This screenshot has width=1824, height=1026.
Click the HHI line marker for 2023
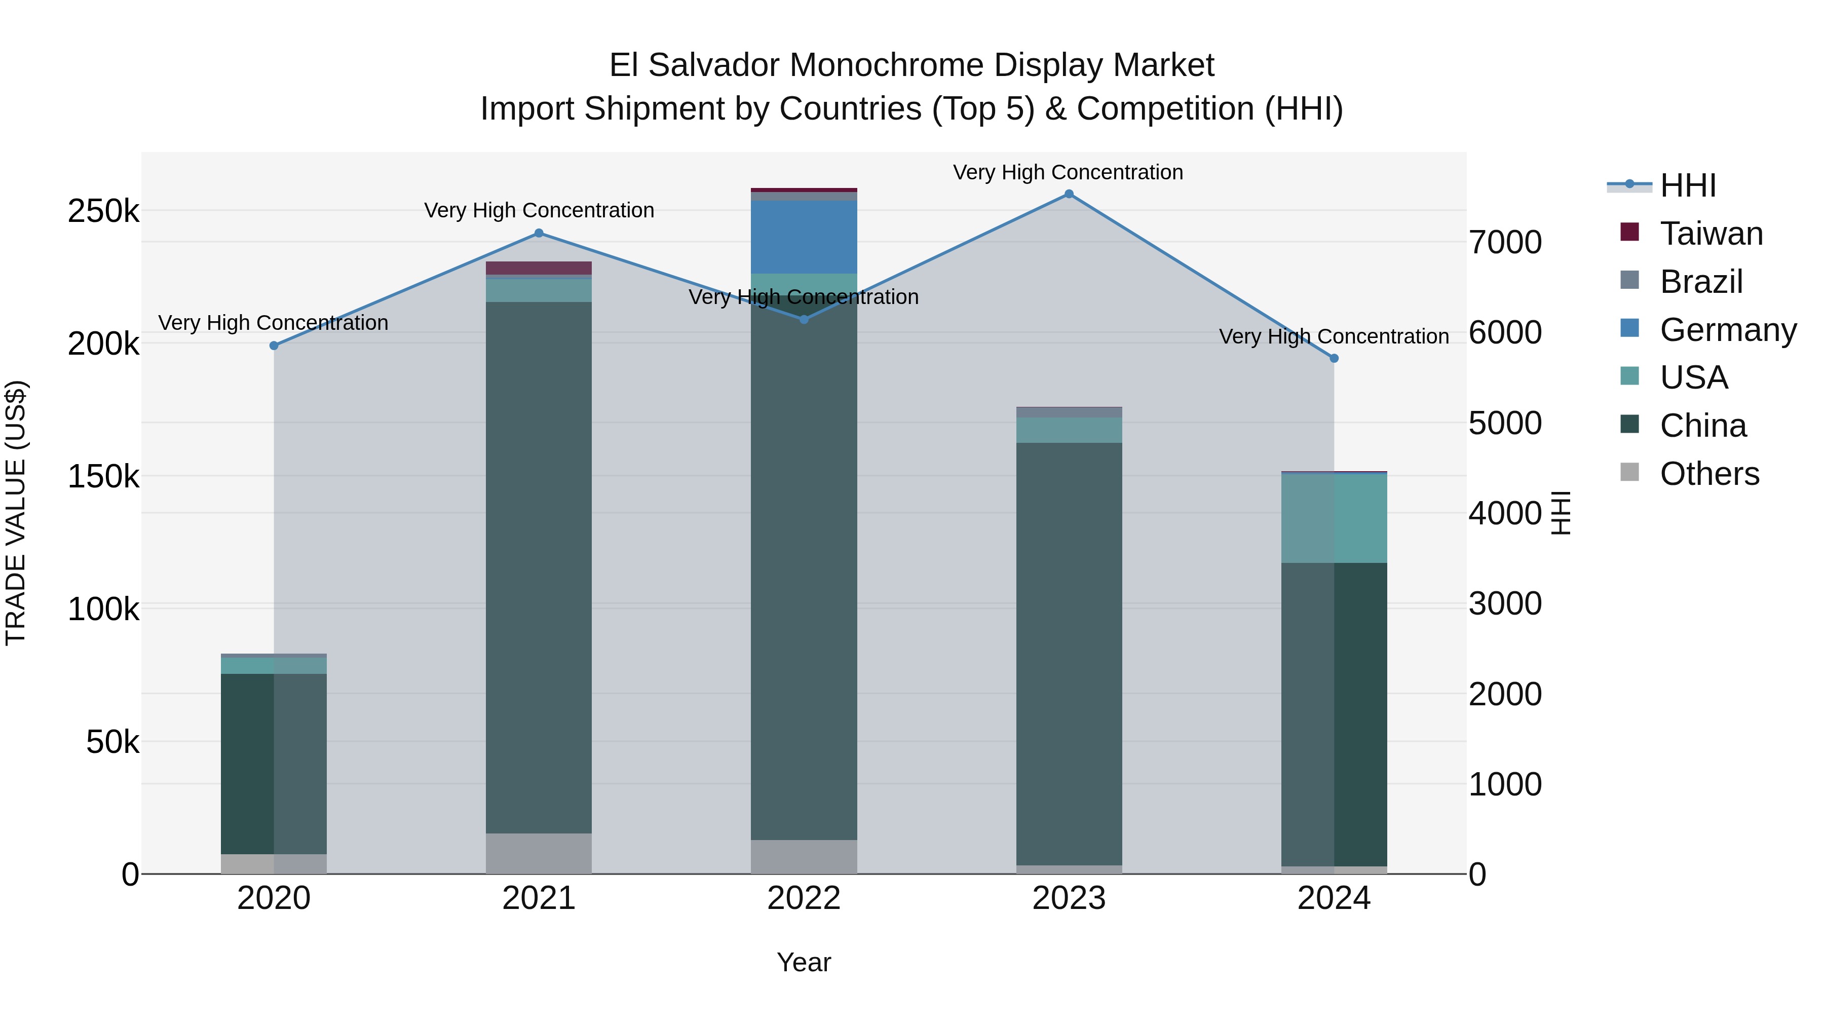coord(1069,194)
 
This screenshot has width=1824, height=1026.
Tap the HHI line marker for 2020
coord(274,346)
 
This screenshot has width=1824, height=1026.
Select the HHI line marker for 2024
coord(1334,358)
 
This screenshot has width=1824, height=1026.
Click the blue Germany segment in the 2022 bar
coord(804,237)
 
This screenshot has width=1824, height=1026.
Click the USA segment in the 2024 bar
coord(1334,518)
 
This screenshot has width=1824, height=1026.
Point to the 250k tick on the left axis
coord(103,211)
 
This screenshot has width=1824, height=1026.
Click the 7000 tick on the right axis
coord(1505,242)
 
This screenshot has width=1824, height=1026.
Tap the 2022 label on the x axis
coord(804,898)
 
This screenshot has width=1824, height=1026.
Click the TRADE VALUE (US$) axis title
coord(16,513)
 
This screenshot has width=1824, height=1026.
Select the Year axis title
coord(804,962)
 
